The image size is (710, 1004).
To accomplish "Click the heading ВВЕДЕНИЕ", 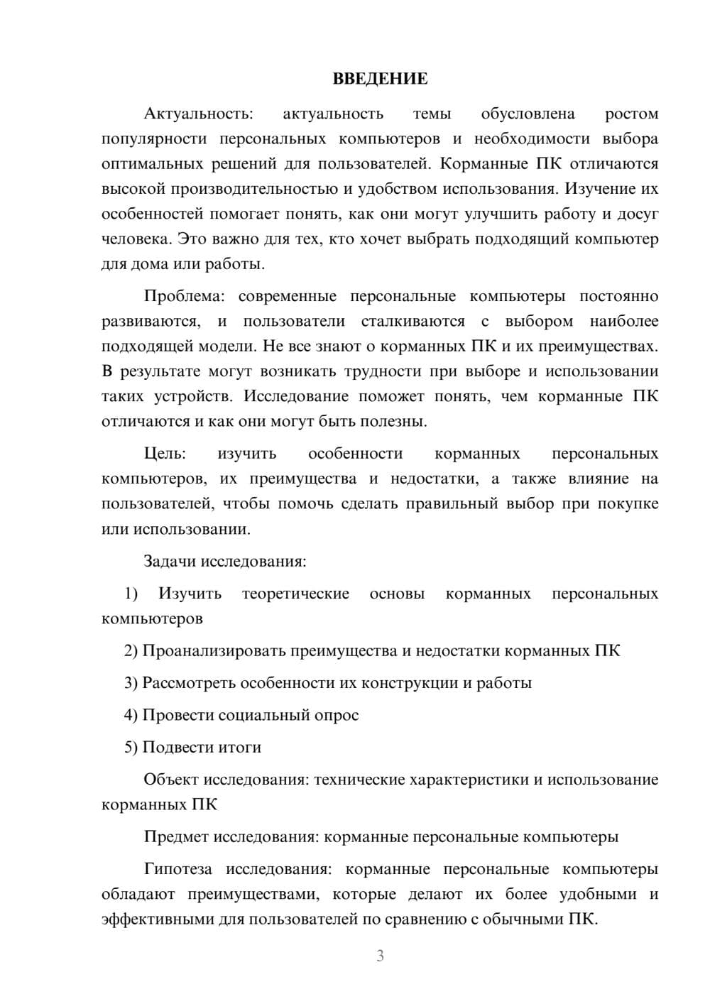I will [x=380, y=79].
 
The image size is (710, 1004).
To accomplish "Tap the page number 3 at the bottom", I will [x=380, y=956].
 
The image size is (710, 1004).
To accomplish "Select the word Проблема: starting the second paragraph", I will [x=188, y=297].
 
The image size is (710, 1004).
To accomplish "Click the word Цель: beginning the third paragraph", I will [x=165, y=454].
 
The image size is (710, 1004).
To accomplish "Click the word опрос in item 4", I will [x=338, y=715].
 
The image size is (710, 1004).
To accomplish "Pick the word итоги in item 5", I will [x=239, y=747].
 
